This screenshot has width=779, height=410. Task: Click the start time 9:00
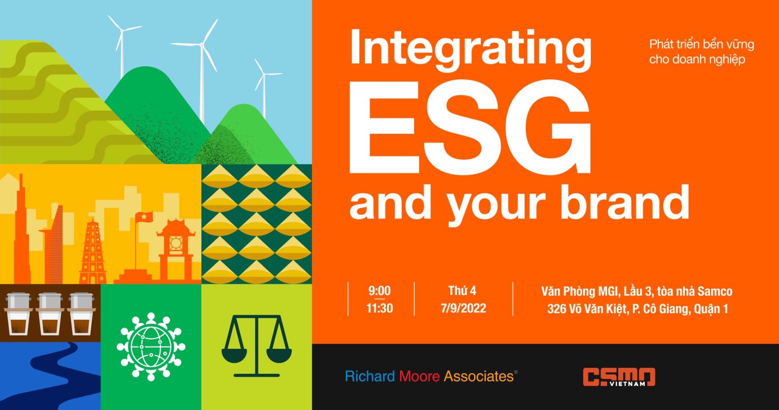(379, 291)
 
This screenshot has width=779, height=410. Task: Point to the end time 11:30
(379, 308)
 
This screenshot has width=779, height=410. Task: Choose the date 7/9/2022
(463, 308)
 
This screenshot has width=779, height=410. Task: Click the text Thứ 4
(462, 291)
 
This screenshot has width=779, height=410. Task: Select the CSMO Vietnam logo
(619, 377)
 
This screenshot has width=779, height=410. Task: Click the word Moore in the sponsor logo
(419, 376)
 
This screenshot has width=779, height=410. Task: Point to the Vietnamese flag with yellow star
(144, 217)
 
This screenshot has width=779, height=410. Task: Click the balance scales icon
(256, 346)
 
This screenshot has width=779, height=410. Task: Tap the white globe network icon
(151, 347)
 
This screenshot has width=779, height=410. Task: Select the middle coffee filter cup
(50, 313)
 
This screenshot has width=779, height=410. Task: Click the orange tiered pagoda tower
(93, 252)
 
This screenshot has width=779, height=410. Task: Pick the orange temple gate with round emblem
(176, 248)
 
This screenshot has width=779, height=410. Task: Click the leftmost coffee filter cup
(18, 313)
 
